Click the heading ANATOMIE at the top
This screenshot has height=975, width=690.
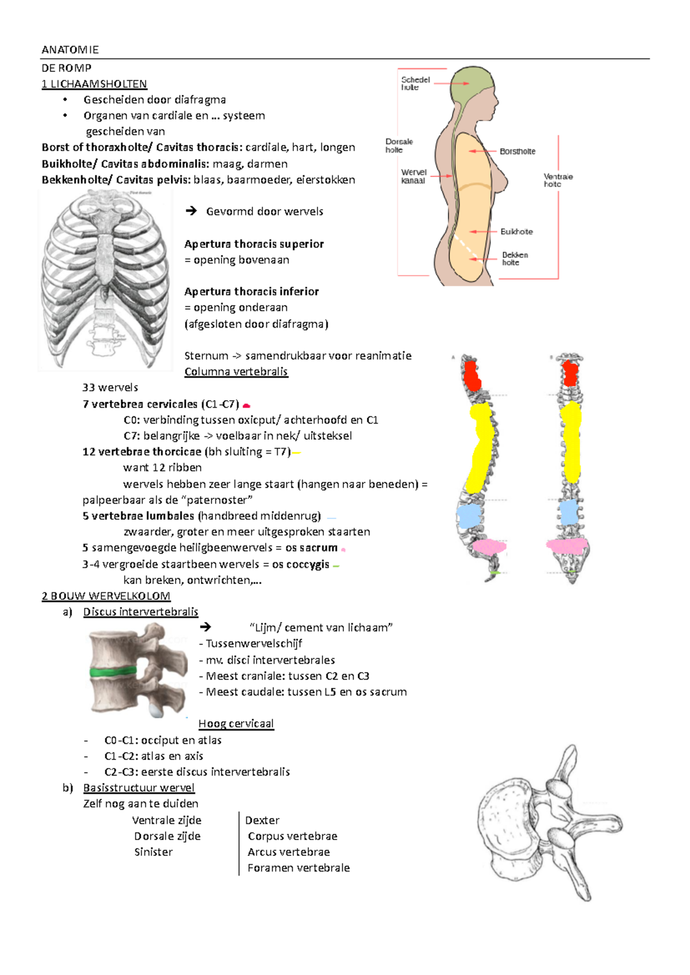click(x=70, y=50)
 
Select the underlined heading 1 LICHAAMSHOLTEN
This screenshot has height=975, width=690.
click(x=94, y=84)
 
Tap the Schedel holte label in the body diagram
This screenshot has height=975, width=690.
click(x=415, y=84)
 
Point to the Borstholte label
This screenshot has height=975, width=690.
click(x=517, y=152)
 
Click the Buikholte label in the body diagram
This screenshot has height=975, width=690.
click(x=516, y=232)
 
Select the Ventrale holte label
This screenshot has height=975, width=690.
click(x=558, y=181)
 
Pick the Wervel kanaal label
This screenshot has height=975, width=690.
click(x=413, y=176)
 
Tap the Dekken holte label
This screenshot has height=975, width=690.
click(x=515, y=259)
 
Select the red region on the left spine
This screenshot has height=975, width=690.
click(x=472, y=375)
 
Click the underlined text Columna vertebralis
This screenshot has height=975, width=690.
click(x=236, y=372)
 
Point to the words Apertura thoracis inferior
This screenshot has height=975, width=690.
click(x=251, y=291)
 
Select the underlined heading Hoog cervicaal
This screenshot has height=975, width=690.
click(x=236, y=724)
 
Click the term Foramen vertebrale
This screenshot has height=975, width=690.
click(x=298, y=868)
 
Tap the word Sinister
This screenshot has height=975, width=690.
click(x=154, y=852)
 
